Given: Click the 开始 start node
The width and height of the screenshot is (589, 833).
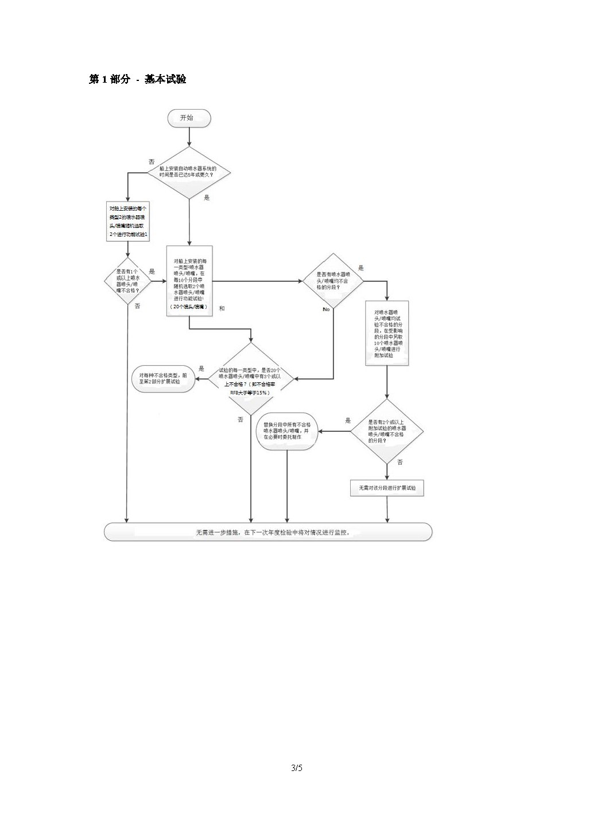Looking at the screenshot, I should pyautogui.click(x=189, y=118).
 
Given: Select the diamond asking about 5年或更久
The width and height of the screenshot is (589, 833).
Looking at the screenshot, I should pyautogui.click(x=189, y=172).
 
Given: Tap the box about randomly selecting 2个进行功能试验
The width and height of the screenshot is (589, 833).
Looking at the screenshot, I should pyautogui.click(x=129, y=222).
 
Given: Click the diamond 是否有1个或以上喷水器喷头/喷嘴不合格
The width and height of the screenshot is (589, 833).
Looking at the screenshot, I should pyautogui.click(x=127, y=281).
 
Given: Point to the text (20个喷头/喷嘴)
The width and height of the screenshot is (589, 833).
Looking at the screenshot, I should pyautogui.click(x=189, y=307).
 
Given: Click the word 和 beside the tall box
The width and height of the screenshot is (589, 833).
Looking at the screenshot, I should pyautogui.click(x=222, y=309).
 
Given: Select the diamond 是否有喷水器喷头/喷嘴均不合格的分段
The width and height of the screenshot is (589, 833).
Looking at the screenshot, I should pyautogui.click(x=333, y=281).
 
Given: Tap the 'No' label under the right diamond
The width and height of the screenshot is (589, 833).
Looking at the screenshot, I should pyautogui.click(x=326, y=309).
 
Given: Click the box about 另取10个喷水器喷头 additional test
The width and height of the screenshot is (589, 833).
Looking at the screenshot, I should pyautogui.click(x=387, y=333).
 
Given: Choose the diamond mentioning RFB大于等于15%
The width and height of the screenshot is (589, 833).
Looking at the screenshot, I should pyautogui.click(x=250, y=379).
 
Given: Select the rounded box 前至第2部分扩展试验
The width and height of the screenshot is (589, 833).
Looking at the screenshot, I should pyautogui.click(x=164, y=379).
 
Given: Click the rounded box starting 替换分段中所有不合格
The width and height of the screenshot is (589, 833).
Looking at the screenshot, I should pyautogui.click(x=287, y=431).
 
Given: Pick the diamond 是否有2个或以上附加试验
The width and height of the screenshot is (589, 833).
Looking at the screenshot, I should pyautogui.click(x=387, y=431).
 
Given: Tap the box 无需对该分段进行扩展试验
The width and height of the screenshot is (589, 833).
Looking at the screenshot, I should pyautogui.click(x=387, y=488).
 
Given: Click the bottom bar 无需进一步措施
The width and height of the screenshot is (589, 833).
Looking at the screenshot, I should pyautogui.click(x=268, y=532).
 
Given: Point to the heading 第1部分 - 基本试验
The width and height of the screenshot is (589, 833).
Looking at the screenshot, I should pyautogui.click(x=138, y=79).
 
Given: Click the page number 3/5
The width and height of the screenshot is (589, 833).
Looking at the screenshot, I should pyautogui.click(x=296, y=768).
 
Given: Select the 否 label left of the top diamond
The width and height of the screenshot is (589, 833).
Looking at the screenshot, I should pyautogui.click(x=152, y=162).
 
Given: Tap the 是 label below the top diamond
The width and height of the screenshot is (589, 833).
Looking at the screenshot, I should pyautogui.click(x=207, y=198).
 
